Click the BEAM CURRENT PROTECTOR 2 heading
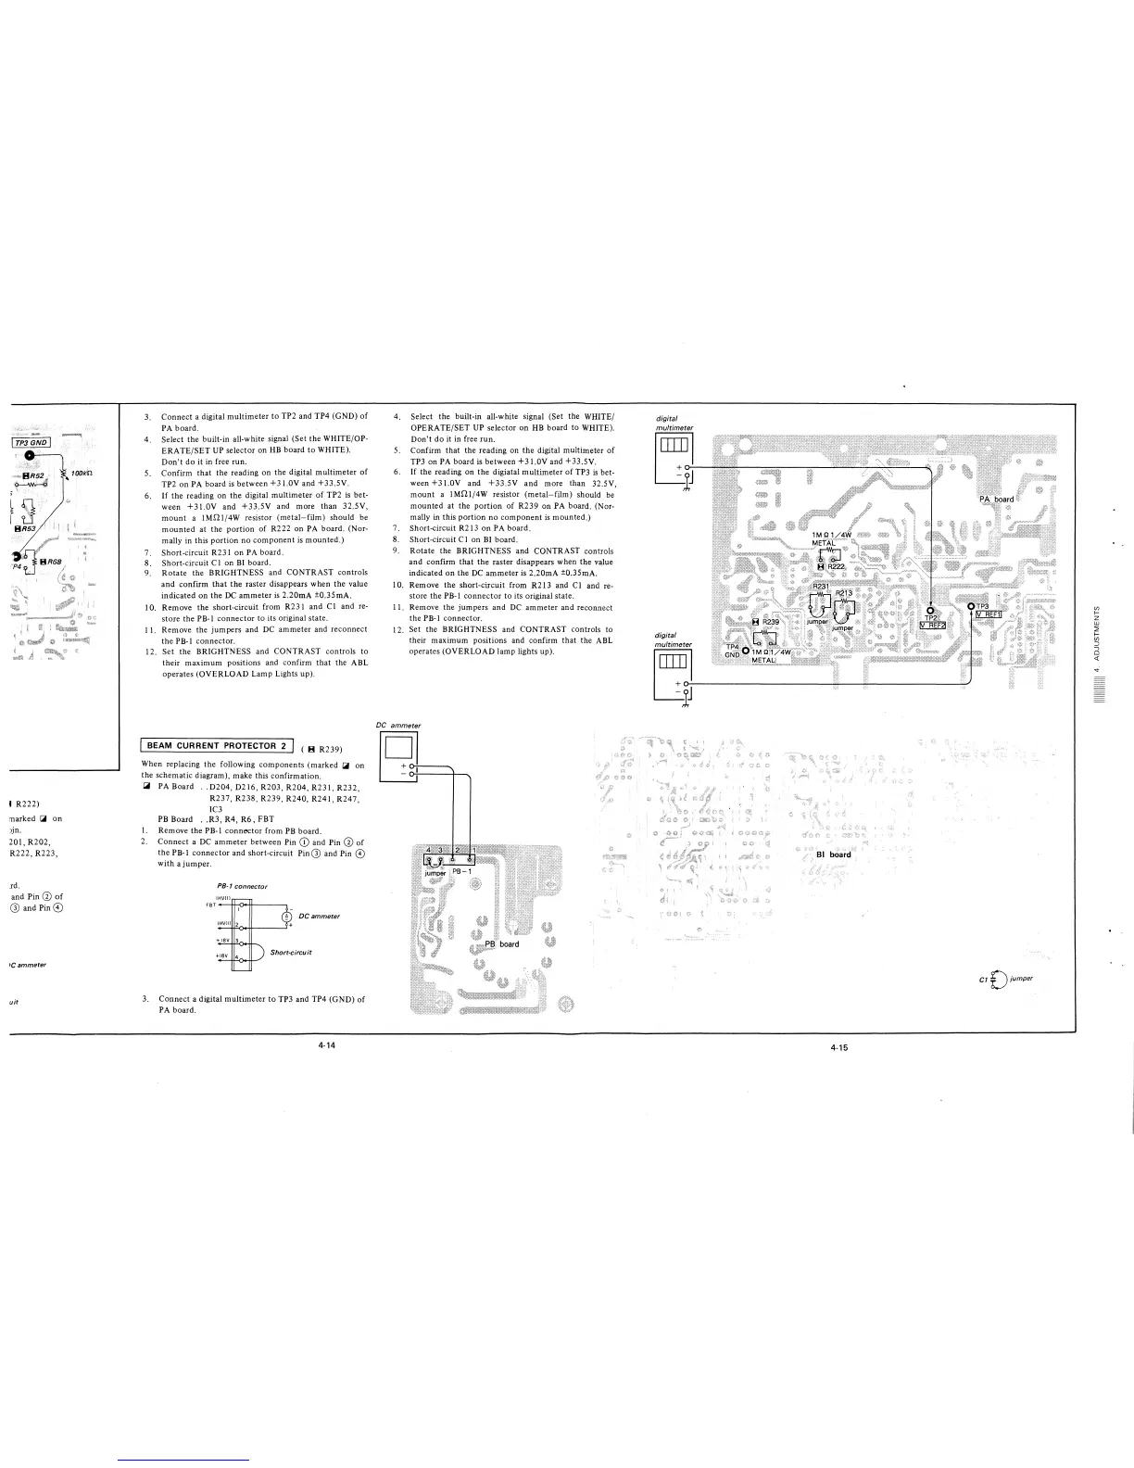216,745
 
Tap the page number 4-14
325,1045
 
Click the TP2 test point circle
930,610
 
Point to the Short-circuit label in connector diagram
290,952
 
